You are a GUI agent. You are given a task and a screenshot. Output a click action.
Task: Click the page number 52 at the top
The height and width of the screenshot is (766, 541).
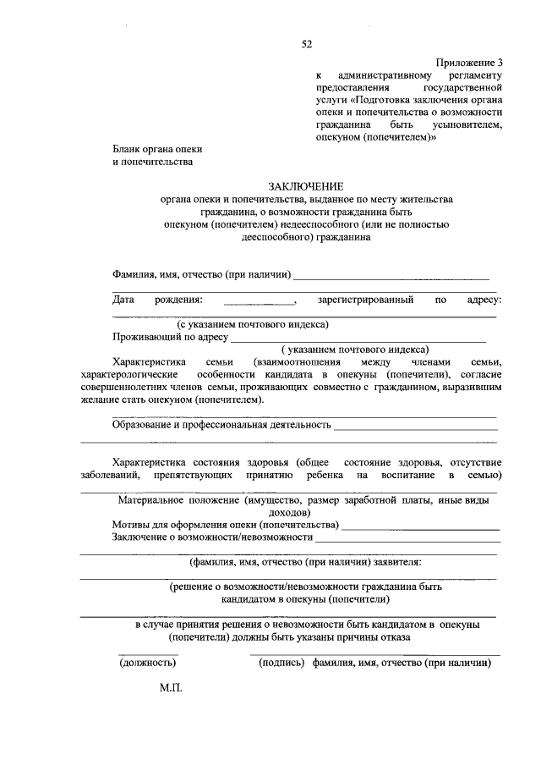(306, 44)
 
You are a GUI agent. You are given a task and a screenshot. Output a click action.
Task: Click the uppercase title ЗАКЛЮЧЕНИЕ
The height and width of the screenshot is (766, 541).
(306, 185)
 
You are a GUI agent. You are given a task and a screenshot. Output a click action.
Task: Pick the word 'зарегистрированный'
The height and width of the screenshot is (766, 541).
(365, 300)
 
